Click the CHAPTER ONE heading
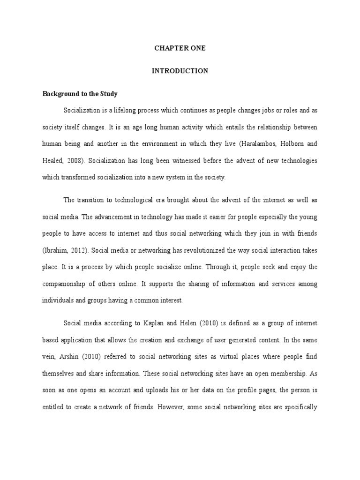(180, 48)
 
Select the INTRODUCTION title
(180, 71)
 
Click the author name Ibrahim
(58, 250)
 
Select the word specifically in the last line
(301, 407)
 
